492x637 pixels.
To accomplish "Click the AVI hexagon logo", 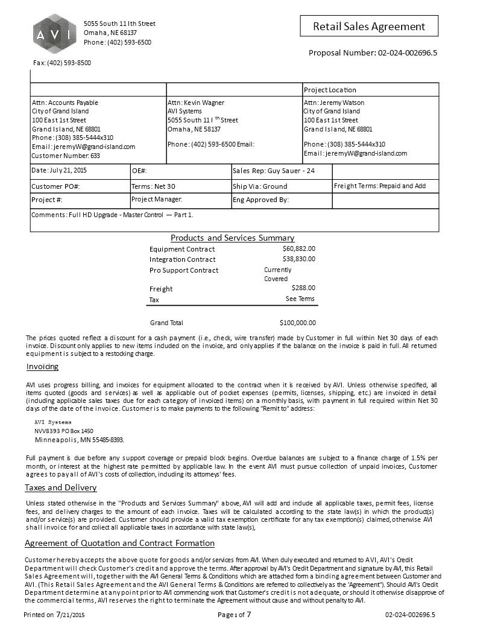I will coord(54,34).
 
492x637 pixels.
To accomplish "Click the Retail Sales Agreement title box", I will coord(369,26).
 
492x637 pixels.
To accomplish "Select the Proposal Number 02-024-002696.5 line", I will coord(373,52).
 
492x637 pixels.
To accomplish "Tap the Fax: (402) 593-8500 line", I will coord(61,63).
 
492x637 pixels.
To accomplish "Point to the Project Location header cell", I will coord(330,90).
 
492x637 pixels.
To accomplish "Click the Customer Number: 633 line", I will coord(66,156).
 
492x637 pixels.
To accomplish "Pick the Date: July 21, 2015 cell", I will coord(59,171).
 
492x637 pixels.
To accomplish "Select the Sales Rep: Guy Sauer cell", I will coord(274,171).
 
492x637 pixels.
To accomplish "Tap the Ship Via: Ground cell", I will coord(260,186).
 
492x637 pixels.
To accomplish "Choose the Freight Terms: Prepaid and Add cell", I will coord(379,186).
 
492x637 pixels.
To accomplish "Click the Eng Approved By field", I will coord(261,200).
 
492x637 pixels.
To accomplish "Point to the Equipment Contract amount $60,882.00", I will coord(298,249).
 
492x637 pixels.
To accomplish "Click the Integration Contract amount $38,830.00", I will coord(298,259).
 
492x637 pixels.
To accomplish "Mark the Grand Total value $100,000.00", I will coord(298,323).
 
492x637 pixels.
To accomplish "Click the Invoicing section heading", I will coord(42,367).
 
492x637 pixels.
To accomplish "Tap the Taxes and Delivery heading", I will coord(60,487).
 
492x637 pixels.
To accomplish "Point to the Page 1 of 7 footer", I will coord(235,615).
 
